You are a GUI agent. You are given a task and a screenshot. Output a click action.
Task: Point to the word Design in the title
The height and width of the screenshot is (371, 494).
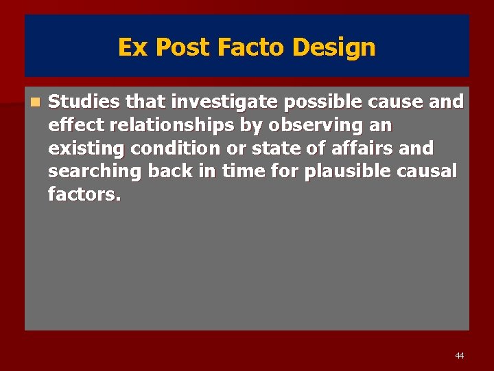(x=334, y=47)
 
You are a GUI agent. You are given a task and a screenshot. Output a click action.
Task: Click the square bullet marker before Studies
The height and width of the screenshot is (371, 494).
(x=35, y=102)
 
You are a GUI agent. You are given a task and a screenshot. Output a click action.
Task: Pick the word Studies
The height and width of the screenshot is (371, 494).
(x=84, y=102)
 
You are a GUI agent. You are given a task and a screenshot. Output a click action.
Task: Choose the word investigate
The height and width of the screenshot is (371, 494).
(x=224, y=102)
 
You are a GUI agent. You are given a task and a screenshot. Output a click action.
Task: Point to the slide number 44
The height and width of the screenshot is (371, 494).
(x=459, y=355)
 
